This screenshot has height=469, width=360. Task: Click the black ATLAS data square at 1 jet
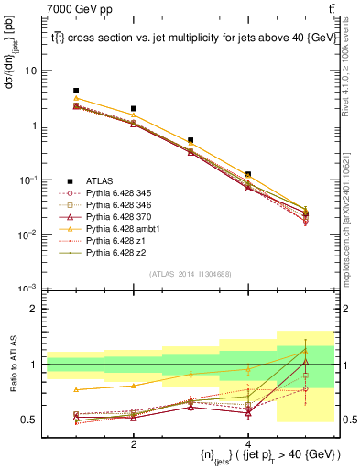[76, 91]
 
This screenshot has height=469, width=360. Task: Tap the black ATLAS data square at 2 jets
[134, 109]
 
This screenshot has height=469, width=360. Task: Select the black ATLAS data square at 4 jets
[248, 174]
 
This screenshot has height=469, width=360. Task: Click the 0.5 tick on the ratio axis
[32, 420]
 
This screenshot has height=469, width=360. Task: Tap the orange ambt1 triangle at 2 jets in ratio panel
[134, 386]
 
